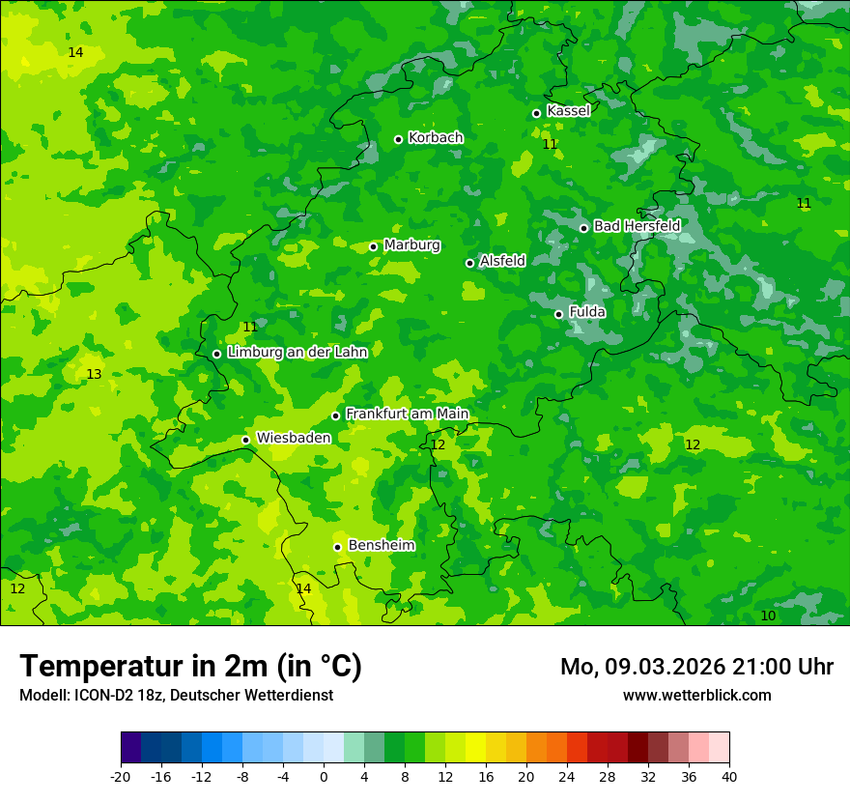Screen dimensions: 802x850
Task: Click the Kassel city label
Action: tap(568, 111)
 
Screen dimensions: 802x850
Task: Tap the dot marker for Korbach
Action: tap(398, 139)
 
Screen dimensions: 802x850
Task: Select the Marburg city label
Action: tap(411, 245)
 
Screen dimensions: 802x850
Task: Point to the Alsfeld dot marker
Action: tap(469, 263)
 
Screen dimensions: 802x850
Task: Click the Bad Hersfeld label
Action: tap(637, 226)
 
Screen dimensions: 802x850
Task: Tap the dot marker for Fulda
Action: tap(558, 314)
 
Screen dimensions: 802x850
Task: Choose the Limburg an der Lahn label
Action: tap(297, 353)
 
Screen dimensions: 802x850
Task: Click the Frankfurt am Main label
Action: tap(407, 414)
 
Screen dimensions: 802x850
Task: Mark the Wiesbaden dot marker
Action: tap(245, 440)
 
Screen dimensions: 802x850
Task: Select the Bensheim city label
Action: tap(381, 545)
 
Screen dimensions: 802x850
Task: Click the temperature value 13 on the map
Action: tap(94, 374)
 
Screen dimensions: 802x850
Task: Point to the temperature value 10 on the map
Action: tap(768, 616)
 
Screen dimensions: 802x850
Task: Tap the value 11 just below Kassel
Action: tap(550, 144)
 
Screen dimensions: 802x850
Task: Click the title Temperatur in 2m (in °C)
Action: tap(190, 666)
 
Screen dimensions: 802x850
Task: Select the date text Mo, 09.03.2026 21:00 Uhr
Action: tap(696, 667)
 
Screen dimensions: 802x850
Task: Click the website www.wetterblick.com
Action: tap(696, 695)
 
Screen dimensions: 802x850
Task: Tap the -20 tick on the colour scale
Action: tap(121, 776)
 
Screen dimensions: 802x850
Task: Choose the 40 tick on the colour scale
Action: tap(729, 776)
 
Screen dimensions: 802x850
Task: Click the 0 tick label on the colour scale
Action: tap(324, 776)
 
